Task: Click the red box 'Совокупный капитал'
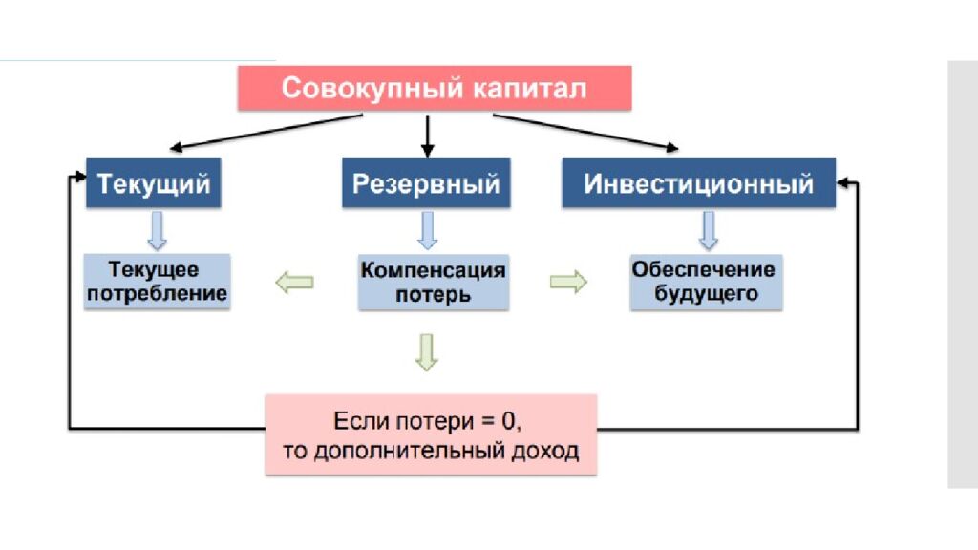click(434, 89)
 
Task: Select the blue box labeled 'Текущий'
click(154, 182)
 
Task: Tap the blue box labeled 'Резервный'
click(426, 182)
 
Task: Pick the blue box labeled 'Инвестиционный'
click(698, 182)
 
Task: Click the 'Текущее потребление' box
click(158, 282)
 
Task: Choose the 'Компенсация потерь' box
click(433, 282)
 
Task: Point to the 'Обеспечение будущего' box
click(706, 282)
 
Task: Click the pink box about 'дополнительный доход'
click(431, 434)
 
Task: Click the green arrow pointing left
click(294, 282)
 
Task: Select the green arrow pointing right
click(568, 283)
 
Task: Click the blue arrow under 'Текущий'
click(158, 230)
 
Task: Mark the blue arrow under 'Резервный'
click(428, 230)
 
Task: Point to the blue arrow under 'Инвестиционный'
click(708, 230)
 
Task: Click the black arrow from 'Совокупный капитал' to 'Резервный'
click(428, 135)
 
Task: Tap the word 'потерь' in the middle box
click(433, 294)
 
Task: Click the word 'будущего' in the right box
click(706, 294)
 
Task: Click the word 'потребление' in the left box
click(158, 293)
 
